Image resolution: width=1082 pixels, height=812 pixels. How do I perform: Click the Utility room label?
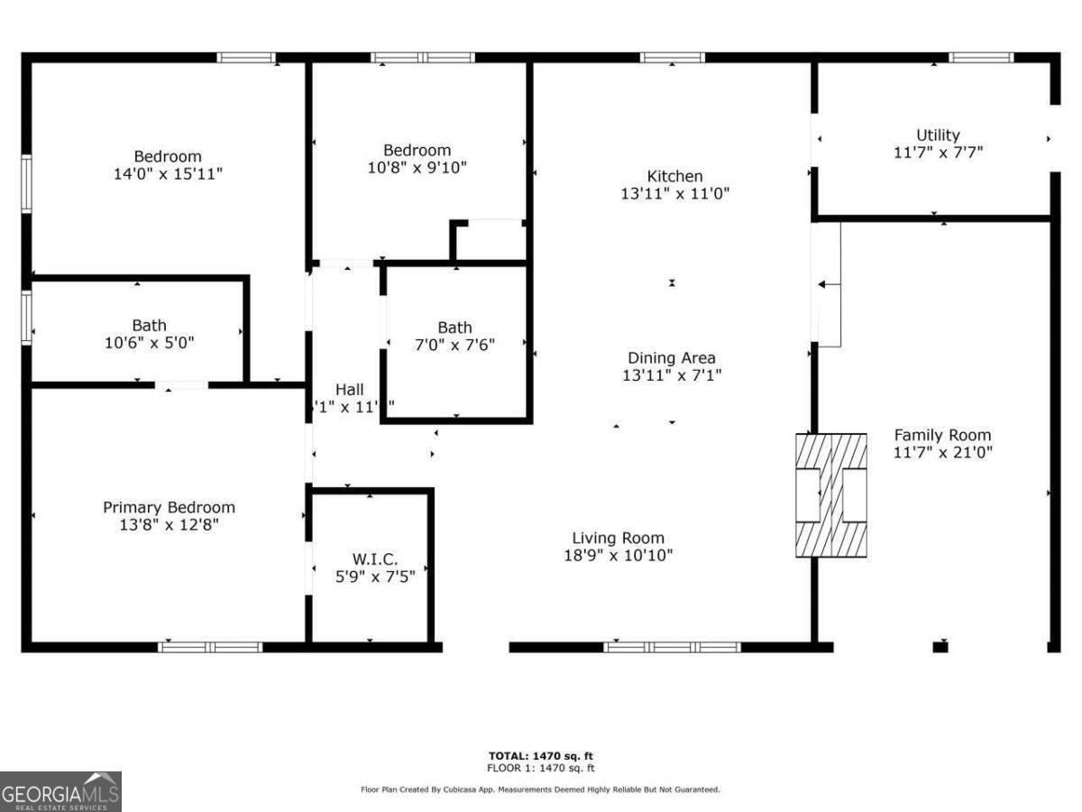(x=938, y=135)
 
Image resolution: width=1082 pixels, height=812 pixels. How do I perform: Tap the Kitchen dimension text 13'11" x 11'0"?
(x=674, y=193)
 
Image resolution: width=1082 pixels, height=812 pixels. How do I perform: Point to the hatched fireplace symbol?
(x=831, y=494)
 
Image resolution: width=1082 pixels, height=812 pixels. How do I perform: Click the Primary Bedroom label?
(x=169, y=507)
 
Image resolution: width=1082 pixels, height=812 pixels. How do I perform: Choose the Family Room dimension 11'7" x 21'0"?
(x=942, y=453)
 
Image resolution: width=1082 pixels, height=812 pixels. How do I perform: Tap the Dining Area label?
(x=672, y=358)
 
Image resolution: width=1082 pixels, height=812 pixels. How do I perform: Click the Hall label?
(x=350, y=389)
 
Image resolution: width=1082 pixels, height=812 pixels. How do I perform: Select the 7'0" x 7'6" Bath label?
(x=454, y=328)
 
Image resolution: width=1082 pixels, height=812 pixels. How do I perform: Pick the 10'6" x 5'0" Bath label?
(x=149, y=326)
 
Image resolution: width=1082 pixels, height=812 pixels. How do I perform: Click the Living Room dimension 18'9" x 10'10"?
(x=618, y=555)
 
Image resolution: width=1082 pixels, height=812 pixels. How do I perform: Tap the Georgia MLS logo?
(x=60, y=791)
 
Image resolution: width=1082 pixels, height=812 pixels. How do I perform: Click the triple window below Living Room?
(x=672, y=647)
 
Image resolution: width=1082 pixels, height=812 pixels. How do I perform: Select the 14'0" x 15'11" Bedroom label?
(x=168, y=156)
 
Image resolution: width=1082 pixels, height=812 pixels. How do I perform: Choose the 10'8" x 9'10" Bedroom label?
(x=417, y=150)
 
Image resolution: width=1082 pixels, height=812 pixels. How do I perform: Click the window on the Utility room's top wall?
(x=981, y=58)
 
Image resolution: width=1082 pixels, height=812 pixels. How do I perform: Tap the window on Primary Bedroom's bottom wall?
(x=210, y=647)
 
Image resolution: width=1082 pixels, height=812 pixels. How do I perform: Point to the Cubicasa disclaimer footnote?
(x=541, y=789)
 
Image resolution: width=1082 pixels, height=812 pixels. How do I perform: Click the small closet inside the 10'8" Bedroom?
(x=491, y=241)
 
